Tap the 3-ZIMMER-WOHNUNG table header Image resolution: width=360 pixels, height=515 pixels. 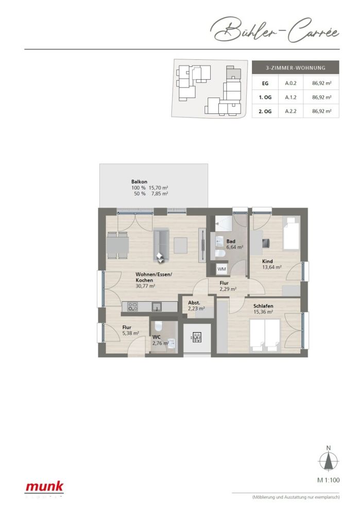pos(295,67)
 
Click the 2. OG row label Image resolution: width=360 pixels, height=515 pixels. pos(265,111)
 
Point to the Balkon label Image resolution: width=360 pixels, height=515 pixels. pos(140,182)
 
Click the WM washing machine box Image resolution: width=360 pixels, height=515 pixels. pos(221,269)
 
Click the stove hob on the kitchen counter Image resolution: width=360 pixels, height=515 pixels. pos(133,307)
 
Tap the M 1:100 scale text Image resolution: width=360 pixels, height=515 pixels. pos(327,480)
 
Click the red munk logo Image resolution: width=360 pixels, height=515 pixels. pos(45,486)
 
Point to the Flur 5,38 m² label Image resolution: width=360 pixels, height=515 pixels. pos(127,330)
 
